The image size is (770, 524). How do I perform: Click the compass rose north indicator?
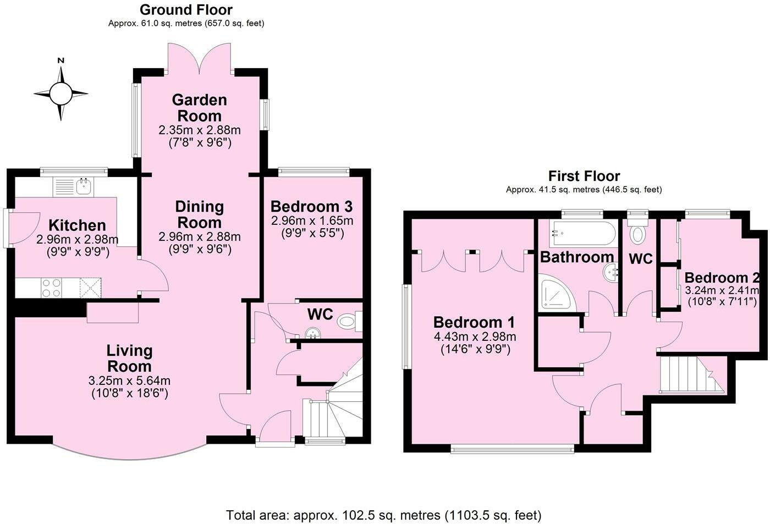(x=61, y=62)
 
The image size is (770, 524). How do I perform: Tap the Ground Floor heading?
(x=186, y=10)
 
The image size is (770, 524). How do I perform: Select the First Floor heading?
(x=584, y=176)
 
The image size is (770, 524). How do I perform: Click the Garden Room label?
(x=199, y=108)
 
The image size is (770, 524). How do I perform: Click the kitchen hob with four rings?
(x=52, y=288)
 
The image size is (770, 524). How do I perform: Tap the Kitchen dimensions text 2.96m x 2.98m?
(x=77, y=240)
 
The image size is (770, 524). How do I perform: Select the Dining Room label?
(x=199, y=214)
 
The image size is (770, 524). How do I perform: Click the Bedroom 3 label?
(x=311, y=207)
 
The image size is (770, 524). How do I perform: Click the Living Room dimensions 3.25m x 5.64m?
(x=129, y=380)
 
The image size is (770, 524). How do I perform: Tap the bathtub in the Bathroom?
(x=583, y=234)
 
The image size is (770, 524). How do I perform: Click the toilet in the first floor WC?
(x=638, y=233)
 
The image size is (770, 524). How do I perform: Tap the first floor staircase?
(x=690, y=374)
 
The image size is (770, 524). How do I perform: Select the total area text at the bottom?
(x=384, y=515)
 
